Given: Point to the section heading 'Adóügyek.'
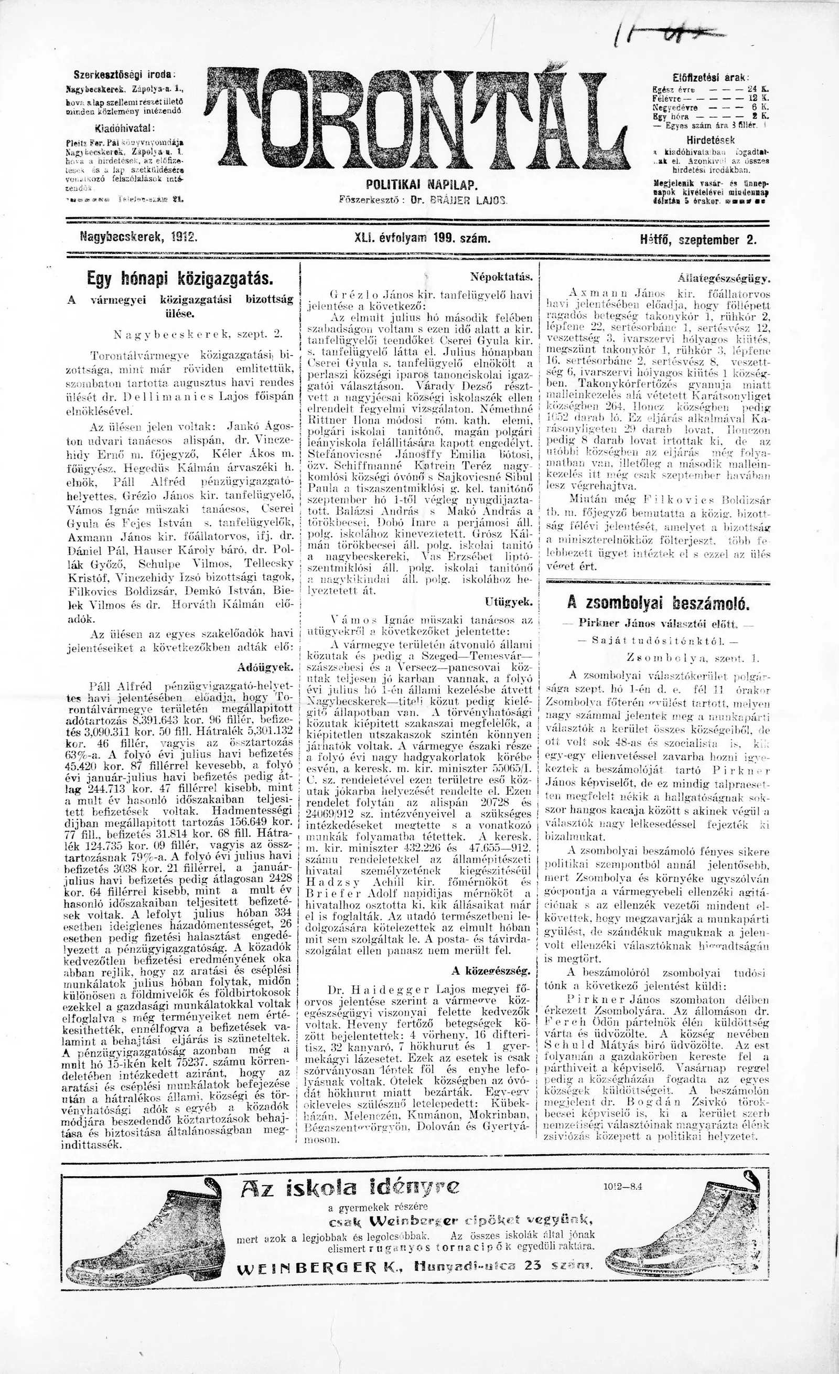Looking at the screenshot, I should click(265, 666).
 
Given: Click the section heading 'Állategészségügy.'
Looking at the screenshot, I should click(724, 277).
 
